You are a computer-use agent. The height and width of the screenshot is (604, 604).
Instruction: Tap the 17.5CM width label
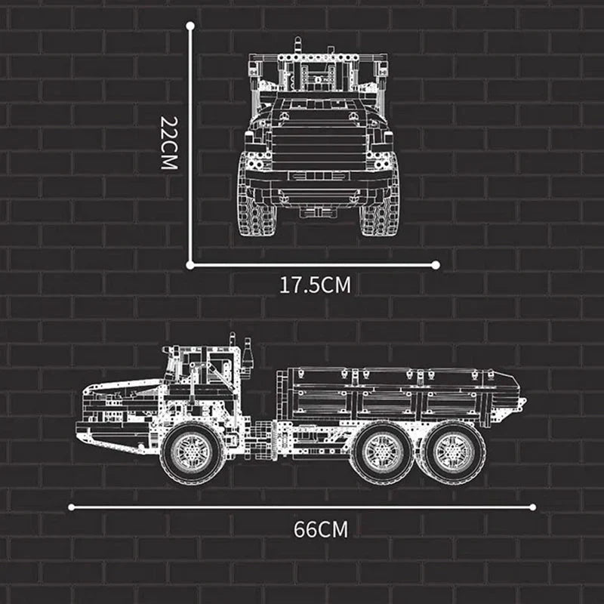click(316, 285)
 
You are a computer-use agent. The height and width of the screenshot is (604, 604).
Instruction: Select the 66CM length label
click(321, 528)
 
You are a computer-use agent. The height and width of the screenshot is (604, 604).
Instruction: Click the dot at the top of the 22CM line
click(190, 26)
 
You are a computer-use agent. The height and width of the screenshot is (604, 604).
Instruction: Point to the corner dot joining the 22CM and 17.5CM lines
click(190, 264)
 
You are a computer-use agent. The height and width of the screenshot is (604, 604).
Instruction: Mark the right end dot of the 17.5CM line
click(436, 264)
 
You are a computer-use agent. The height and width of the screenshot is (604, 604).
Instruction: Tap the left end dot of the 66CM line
click(72, 507)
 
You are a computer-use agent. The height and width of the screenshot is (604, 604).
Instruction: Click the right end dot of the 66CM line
click(532, 507)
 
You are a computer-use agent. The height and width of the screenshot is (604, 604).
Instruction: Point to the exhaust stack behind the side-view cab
click(248, 355)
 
